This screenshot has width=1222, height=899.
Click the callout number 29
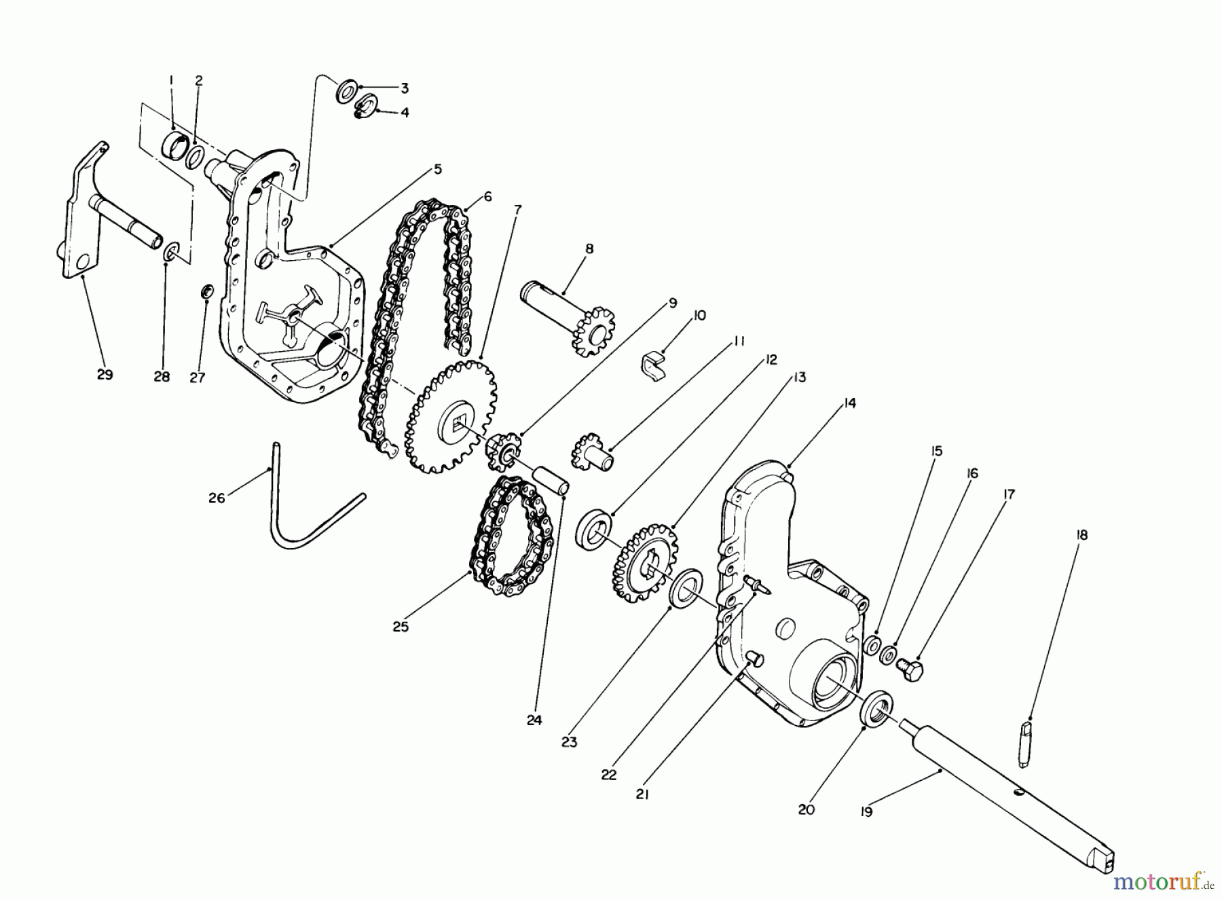pos(105,374)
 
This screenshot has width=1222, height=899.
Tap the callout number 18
pos(1081,535)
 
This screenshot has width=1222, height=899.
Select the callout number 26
pos(216,498)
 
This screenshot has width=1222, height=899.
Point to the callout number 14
pos(849,403)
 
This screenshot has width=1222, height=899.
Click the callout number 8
pos(589,249)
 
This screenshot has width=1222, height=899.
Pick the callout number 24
pos(534,720)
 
